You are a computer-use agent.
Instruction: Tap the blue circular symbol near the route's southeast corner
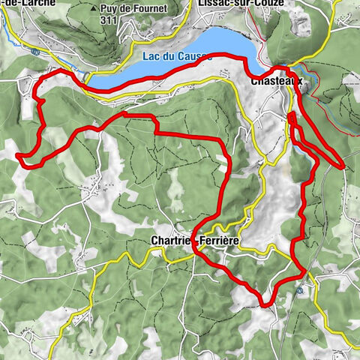tap(301, 289)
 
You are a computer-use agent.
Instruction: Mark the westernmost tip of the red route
tap(16, 155)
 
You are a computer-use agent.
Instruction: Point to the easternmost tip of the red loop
tap(343, 166)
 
